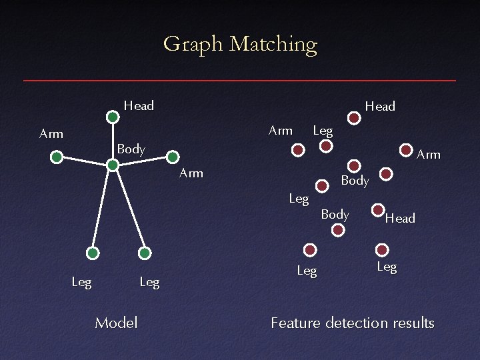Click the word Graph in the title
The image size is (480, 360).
[x=193, y=45]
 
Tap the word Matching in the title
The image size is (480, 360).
[x=273, y=45]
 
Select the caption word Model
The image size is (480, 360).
[x=116, y=323]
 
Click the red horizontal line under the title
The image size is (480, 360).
[x=240, y=81]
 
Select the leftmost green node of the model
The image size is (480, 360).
[x=57, y=157]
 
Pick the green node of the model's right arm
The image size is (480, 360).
[x=172, y=157]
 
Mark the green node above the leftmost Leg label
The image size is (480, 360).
[x=93, y=253]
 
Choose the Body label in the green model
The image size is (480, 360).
[x=131, y=149]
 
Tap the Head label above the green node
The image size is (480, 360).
[x=139, y=105]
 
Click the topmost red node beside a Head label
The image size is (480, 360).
[x=355, y=119]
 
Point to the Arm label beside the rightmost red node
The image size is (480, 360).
[x=429, y=155]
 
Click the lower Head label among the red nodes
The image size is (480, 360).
[x=400, y=219]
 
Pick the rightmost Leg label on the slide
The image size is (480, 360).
[x=387, y=267]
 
